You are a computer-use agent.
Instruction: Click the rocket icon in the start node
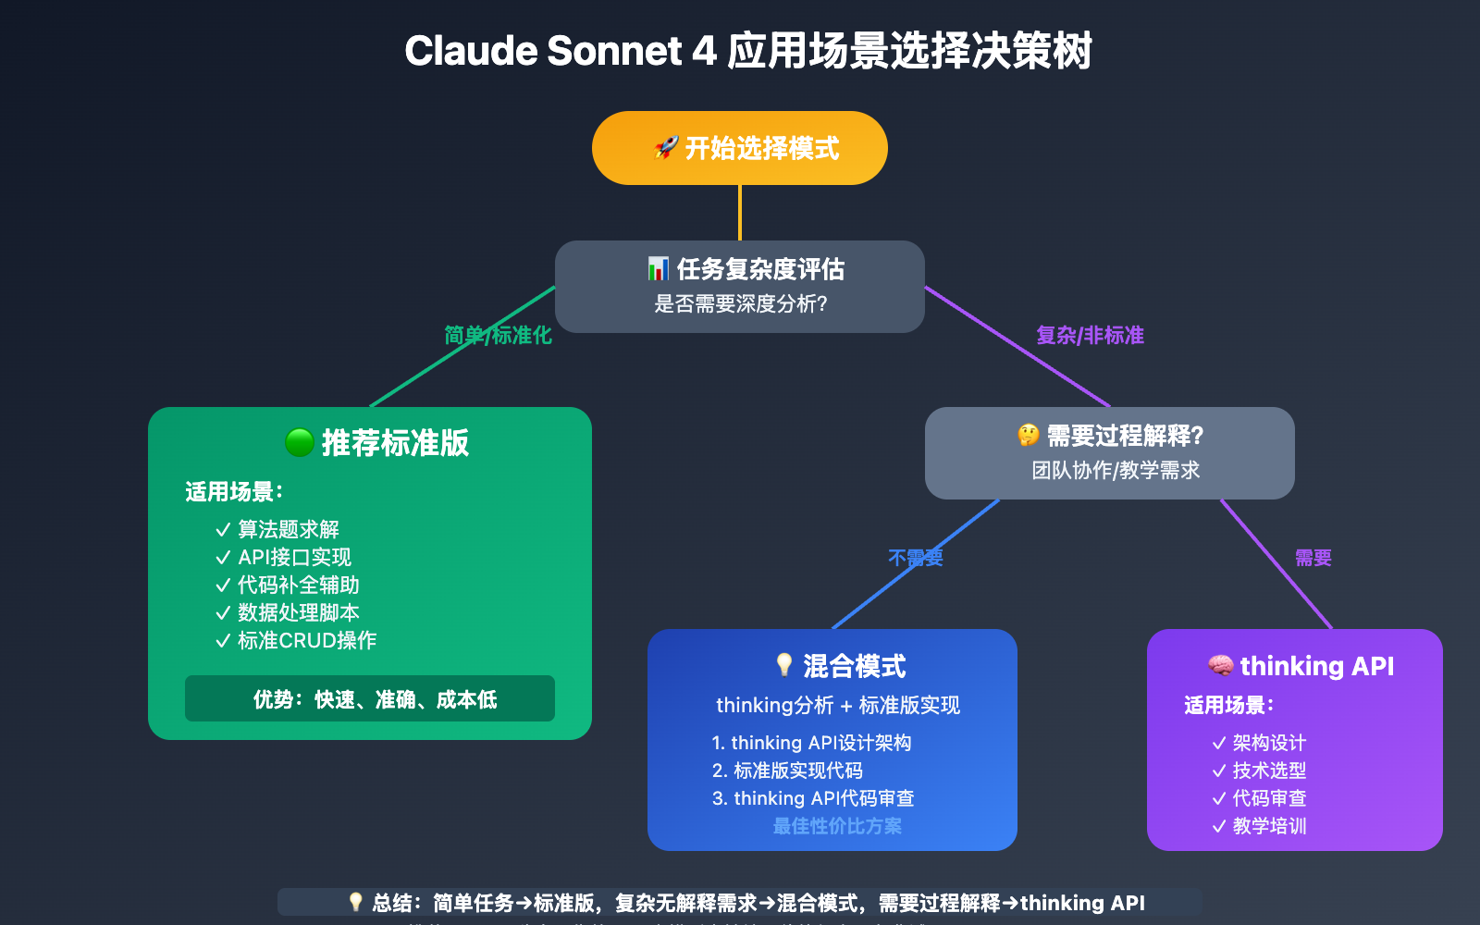666,147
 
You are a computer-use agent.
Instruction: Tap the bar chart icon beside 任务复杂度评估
658,269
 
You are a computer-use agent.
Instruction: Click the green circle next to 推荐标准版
300,443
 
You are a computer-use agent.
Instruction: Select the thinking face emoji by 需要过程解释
1029,435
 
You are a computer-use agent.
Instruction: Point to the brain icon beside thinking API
1220,666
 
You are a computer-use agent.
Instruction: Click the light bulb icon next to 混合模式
784,665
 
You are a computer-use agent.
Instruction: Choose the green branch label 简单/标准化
498,335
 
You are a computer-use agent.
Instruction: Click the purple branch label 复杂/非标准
1090,335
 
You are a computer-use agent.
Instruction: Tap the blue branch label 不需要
915,558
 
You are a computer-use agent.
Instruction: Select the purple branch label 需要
1313,558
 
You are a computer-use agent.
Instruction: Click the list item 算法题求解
288,529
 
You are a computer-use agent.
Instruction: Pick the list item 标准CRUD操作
306,640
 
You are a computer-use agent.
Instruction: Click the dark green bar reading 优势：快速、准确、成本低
370,698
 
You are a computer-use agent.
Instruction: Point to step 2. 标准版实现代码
787,771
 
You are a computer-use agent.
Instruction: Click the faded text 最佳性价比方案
837,826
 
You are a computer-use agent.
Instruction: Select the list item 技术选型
1269,771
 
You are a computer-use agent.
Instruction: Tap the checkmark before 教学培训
1219,826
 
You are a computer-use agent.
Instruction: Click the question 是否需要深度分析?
740,303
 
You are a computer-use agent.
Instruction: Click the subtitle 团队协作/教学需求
1116,470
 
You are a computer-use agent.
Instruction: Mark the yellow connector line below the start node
740,213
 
